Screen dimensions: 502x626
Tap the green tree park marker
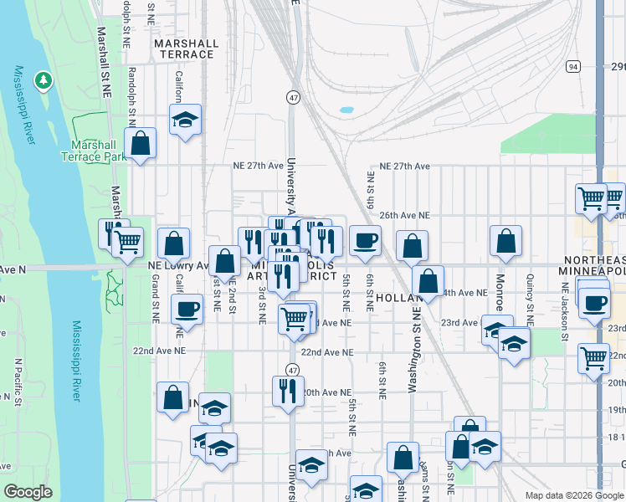click(43, 81)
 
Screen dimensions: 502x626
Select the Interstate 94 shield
click(572, 66)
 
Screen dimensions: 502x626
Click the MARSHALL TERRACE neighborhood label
click(186, 49)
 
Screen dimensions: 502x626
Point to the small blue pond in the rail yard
click(346, 110)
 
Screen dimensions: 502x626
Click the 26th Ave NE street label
click(404, 215)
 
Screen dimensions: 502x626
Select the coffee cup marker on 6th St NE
click(365, 240)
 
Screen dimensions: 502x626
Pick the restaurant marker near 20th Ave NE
click(288, 390)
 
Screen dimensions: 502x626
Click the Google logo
click(28, 492)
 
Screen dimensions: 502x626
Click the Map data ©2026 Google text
click(572, 495)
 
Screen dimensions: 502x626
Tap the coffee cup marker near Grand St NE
click(187, 308)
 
